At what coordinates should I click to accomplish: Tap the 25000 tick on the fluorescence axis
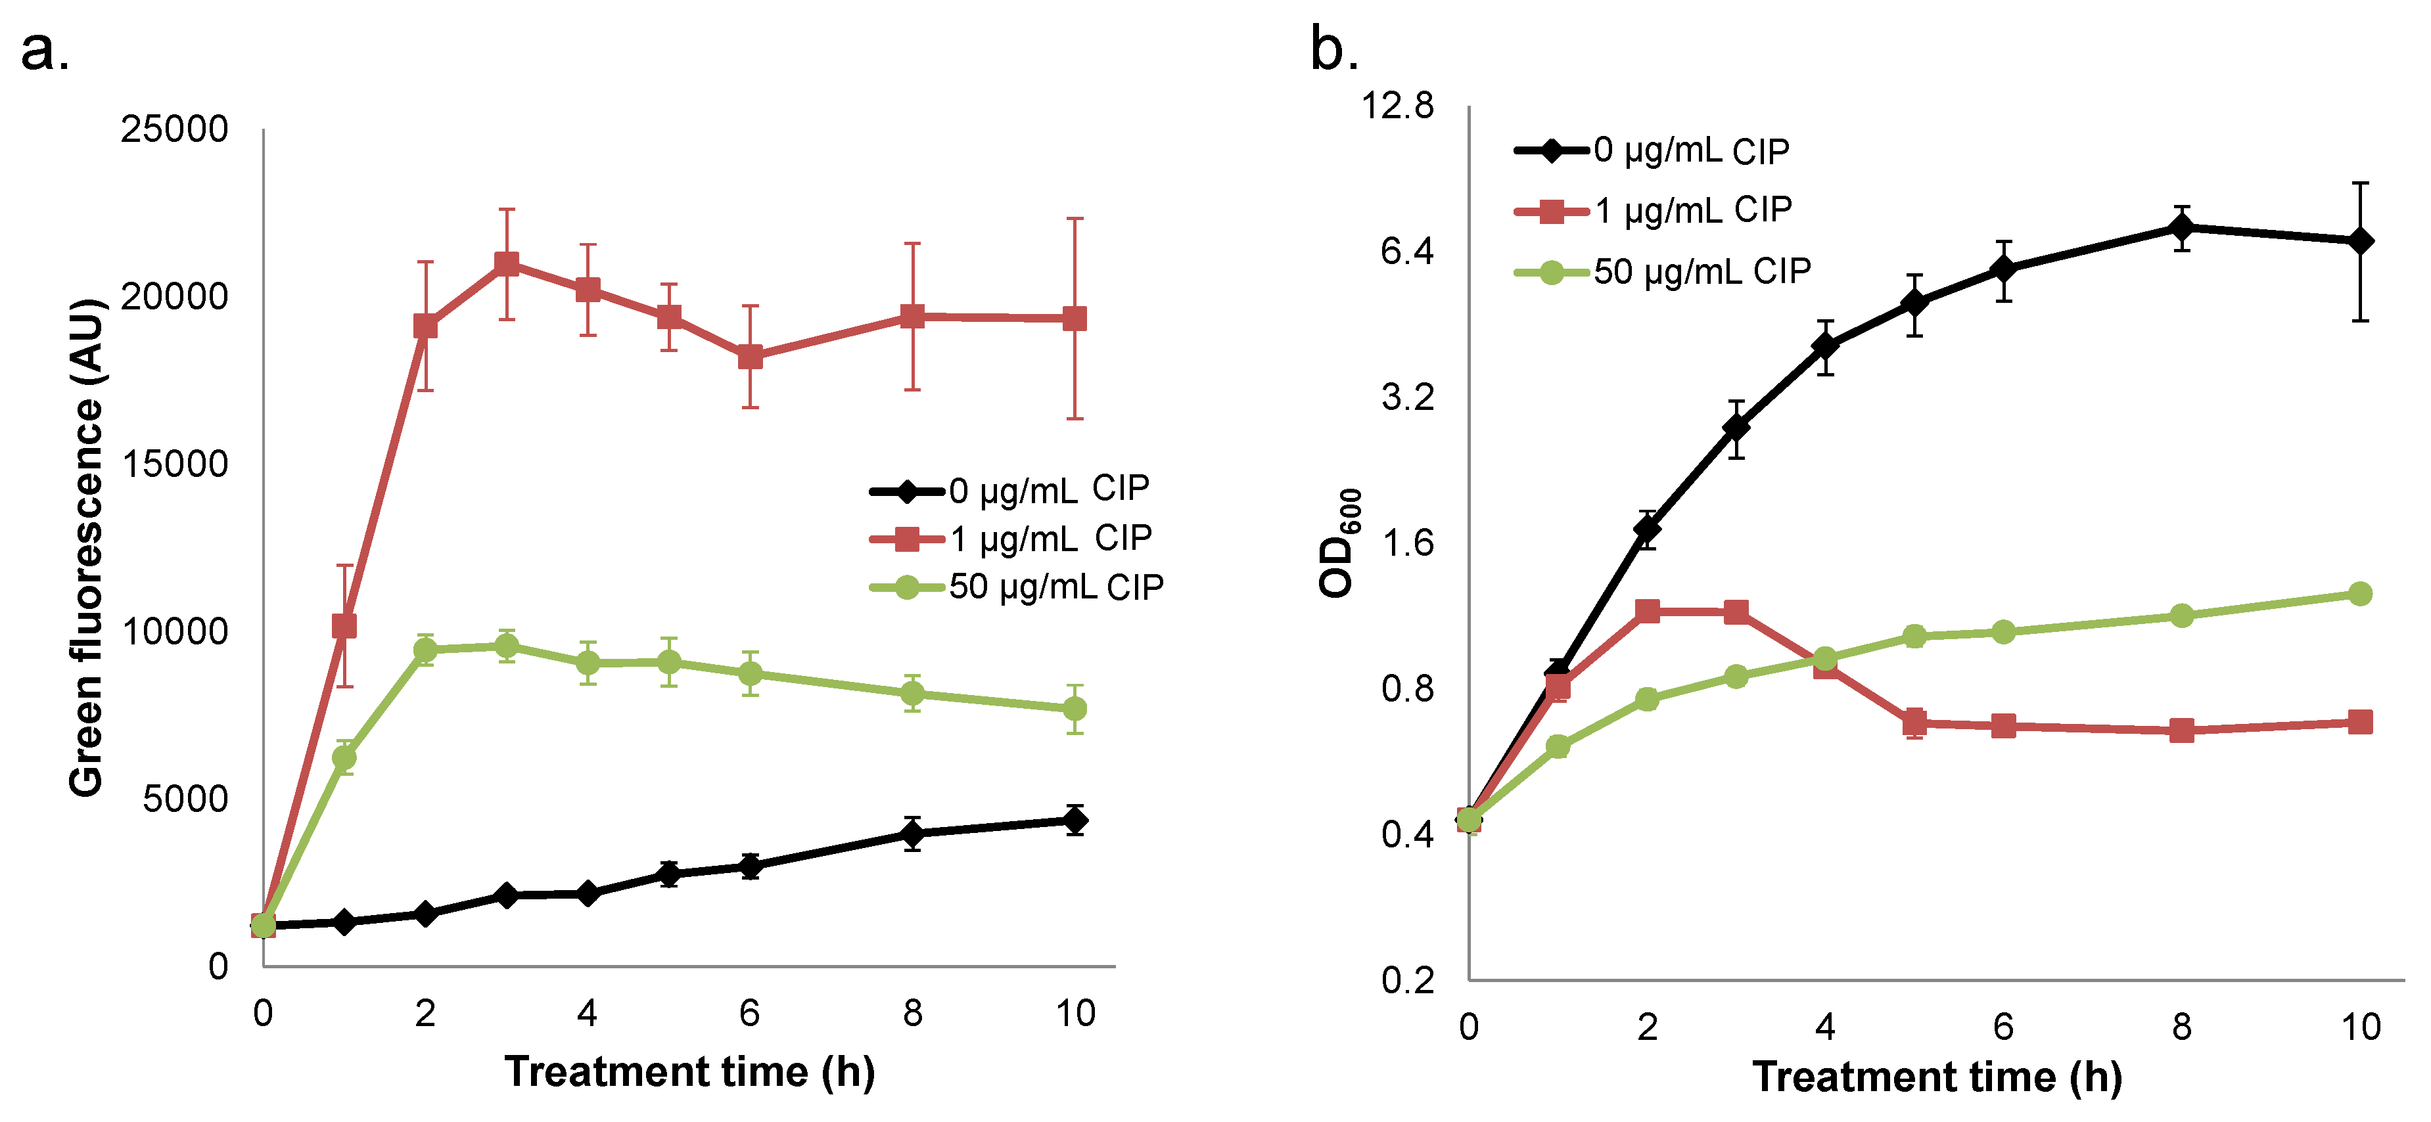[x=175, y=129]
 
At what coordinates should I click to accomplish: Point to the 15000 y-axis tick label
[x=175, y=464]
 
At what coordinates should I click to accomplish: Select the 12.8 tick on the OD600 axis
[x=1397, y=106]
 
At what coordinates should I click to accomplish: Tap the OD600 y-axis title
[x=1339, y=543]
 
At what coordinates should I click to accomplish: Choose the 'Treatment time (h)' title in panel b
[x=1937, y=1077]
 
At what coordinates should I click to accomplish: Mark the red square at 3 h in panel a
[x=507, y=263]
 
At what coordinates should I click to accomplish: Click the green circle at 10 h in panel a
[x=1075, y=709]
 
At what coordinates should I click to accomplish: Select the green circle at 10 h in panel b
[x=2360, y=594]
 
